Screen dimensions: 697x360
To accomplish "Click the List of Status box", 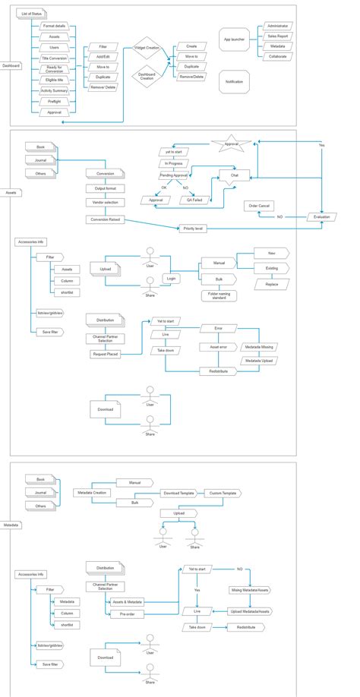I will pos(32,14).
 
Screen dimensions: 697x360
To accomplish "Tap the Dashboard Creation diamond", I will pos(147,77).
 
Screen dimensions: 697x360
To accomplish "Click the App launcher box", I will pos(234,39).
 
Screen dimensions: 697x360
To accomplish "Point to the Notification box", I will pos(234,81).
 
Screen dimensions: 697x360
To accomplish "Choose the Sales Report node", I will pos(277,35).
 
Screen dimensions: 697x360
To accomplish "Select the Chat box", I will pos(234,175).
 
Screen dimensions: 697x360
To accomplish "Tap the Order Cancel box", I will pos(260,206).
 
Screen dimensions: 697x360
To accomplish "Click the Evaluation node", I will pos(322,216).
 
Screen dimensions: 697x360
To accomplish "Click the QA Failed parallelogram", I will pos(195,200).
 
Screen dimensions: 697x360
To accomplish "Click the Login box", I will pos(172,279).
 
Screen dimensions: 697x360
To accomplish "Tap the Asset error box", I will pos(218,346).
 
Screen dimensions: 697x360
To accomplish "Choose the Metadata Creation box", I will pos(91,492).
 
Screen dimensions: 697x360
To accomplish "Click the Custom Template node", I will pos(223,493).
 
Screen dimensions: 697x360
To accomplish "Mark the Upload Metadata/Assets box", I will pos(249,610).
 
